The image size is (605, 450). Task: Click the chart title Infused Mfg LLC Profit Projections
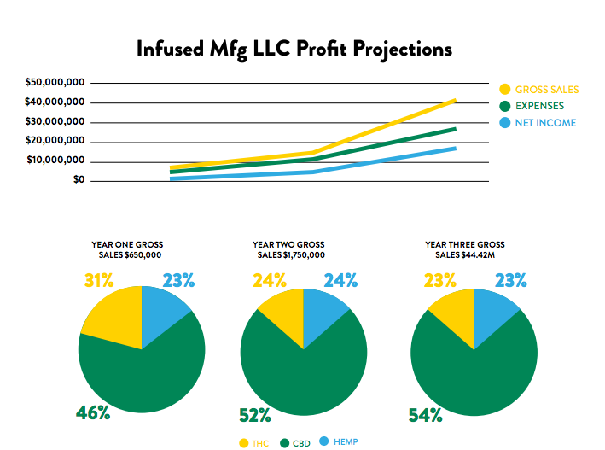[294, 49]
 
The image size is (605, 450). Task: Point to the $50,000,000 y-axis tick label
[55, 83]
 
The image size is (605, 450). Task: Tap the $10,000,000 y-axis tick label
[55, 161]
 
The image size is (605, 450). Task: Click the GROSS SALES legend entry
[546, 90]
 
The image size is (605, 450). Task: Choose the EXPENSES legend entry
[539, 106]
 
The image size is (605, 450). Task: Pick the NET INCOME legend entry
[544, 123]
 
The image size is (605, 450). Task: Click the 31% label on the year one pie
[100, 280]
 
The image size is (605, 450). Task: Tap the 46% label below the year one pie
[93, 413]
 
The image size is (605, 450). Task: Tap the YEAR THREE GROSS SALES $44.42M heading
[464, 249]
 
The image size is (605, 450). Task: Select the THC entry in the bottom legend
[256, 442]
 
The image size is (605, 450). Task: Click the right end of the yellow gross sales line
[455, 100]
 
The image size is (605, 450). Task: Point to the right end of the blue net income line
[455, 149]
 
